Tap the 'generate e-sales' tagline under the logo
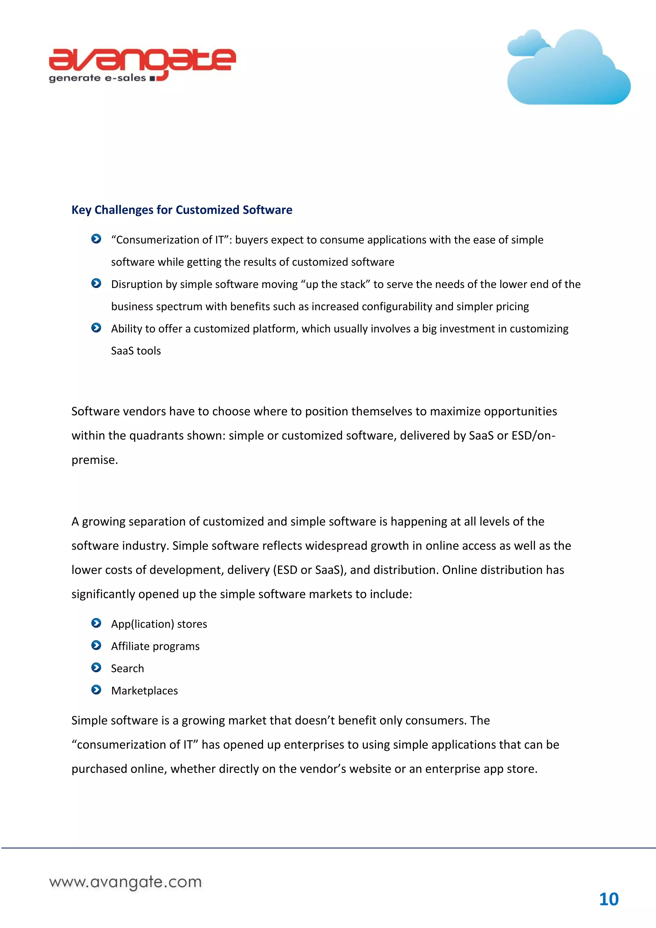click(97, 78)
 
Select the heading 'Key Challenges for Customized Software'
click(182, 210)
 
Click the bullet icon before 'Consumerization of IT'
click(96, 239)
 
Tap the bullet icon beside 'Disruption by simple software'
click(96, 283)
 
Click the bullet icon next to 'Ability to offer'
click(96, 328)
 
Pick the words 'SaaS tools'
click(136, 351)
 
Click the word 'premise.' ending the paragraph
click(94, 460)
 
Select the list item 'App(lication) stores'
click(159, 624)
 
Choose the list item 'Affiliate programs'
click(155, 646)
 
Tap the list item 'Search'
click(127, 669)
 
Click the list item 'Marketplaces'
click(144, 691)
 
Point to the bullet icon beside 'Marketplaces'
click(96, 690)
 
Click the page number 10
click(608, 899)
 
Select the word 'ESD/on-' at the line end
click(533, 436)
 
